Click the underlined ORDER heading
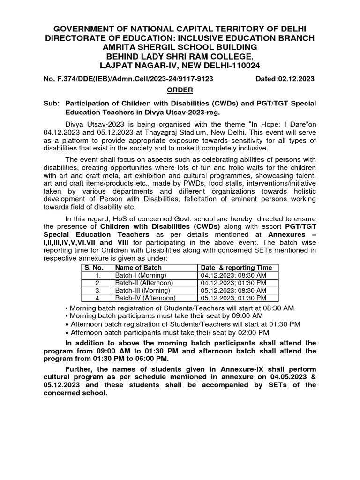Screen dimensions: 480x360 180,90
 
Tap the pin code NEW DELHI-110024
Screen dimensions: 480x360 220,66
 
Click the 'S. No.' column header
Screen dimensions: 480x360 93,268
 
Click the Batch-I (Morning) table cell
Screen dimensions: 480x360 139,275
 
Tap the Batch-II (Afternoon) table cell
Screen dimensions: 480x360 144,283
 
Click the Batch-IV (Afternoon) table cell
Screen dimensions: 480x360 145,298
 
